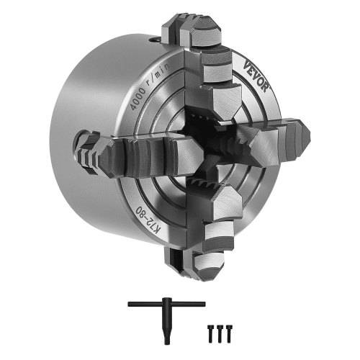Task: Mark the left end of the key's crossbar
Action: tap(130, 305)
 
